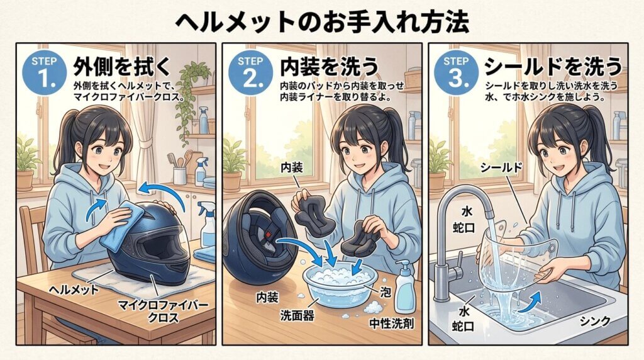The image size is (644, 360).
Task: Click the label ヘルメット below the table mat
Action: (74, 290)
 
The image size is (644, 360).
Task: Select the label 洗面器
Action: (297, 315)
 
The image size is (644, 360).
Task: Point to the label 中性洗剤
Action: (392, 323)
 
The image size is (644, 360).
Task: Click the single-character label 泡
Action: (386, 292)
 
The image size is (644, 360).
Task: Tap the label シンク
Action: (595, 321)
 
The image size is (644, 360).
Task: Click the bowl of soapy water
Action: (340, 285)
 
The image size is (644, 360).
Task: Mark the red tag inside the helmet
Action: (268, 234)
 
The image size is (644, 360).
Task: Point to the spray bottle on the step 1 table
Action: (208, 224)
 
